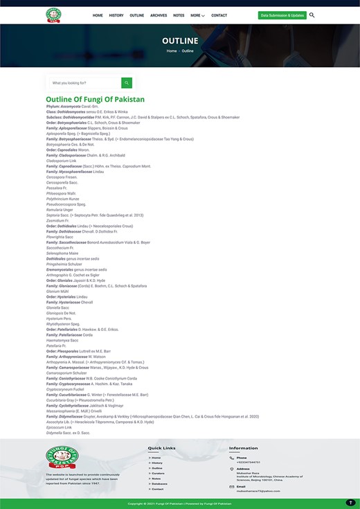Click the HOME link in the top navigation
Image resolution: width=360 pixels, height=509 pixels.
98,15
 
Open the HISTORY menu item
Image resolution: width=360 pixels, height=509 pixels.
116,15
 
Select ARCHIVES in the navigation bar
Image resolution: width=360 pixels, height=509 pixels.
159,15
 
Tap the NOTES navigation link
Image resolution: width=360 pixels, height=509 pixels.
179,15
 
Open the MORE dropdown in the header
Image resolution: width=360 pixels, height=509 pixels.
197,15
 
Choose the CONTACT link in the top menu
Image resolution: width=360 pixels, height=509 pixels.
219,15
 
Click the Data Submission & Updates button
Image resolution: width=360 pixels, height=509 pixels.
282,15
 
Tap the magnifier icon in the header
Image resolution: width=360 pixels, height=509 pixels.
312,15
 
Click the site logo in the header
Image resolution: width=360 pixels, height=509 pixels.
53,15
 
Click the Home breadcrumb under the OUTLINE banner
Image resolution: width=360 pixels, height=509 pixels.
170,51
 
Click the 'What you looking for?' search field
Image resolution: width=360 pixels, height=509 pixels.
84,83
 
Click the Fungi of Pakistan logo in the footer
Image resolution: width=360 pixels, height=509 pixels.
62,458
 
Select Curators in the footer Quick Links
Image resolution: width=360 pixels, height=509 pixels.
158,473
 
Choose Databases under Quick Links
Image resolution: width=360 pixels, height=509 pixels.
160,483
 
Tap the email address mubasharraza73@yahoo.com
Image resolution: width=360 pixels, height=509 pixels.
258,490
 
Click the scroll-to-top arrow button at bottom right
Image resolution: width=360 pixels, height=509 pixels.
350,502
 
